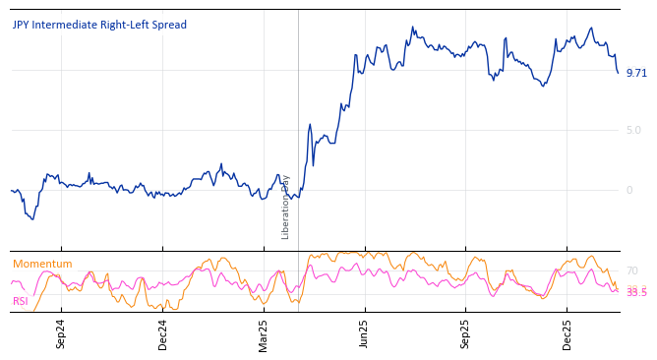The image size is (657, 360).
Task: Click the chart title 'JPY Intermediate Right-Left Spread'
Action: point(99,26)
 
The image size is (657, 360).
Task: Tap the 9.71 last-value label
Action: point(636,73)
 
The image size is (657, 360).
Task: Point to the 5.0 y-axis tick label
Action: point(633,130)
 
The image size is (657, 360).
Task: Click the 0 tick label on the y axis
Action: point(629,191)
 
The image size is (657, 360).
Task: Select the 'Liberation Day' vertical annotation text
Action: point(286,207)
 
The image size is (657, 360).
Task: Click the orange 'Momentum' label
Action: point(42,265)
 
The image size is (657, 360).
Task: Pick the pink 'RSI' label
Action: point(21,302)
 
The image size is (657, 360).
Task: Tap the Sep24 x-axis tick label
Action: point(61,334)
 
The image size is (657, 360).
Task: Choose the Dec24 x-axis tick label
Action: point(163,334)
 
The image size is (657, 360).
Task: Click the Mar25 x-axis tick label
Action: point(264,334)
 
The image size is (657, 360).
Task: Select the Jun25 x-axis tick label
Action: point(365,334)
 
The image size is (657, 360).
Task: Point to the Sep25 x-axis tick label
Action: point(466,334)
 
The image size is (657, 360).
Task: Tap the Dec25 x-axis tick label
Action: point(567,334)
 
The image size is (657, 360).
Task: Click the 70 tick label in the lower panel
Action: point(632,270)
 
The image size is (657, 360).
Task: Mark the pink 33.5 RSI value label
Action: point(636,293)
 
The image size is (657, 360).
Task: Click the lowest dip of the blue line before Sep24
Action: point(32,218)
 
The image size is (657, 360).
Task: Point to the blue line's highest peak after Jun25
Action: point(413,28)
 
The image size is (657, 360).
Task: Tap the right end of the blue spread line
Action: point(619,73)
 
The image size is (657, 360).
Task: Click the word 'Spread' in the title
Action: point(168,26)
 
